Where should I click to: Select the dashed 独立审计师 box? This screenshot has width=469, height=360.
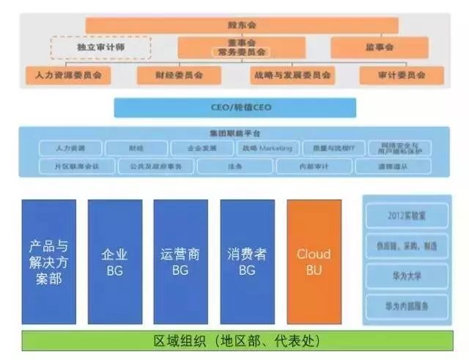[x=100, y=48]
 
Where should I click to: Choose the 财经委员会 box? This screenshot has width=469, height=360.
[x=179, y=75]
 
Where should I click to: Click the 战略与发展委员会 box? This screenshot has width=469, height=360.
[x=292, y=75]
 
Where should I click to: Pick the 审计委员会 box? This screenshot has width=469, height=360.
[x=402, y=75]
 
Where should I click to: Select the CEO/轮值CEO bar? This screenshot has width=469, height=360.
[x=234, y=108]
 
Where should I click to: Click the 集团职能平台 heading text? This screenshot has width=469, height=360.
[x=235, y=133]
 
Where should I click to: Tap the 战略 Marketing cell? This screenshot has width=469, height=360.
[x=267, y=148]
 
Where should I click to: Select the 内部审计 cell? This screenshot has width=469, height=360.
[x=314, y=166]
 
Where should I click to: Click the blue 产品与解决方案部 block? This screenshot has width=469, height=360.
[x=48, y=262]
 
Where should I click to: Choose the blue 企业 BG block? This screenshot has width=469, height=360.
[x=114, y=262]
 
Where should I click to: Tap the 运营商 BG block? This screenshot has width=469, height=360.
[x=180, y=262]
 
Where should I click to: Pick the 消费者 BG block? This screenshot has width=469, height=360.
[x=247, y=262]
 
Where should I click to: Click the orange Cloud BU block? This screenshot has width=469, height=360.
[x=314, y=262]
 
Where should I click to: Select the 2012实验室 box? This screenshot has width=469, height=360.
[x=407, y=217]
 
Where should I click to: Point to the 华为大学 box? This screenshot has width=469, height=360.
[x=407, y=276]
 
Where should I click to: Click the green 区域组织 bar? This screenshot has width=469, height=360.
[x=234, y=342]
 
